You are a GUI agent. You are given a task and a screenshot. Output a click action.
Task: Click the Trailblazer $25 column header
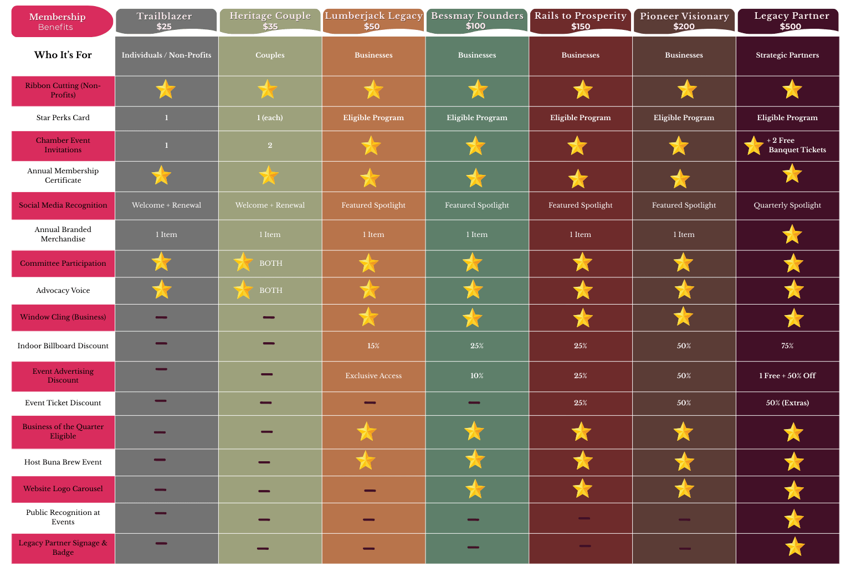164,21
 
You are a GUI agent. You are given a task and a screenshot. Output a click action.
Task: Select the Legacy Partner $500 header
791,21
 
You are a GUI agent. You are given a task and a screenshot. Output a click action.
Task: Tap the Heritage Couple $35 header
270,21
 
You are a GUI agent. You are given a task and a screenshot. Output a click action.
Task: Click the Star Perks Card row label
63,117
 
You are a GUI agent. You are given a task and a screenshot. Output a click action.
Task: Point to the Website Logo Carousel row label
63,489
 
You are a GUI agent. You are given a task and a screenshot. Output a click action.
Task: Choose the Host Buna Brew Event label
63,462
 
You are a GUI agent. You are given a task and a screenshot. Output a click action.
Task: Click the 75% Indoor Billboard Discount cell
787,346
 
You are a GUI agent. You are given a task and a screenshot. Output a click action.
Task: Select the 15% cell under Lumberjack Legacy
373,346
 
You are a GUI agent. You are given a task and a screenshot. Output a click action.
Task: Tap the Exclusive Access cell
373,375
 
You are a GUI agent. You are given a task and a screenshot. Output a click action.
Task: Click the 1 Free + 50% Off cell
787,375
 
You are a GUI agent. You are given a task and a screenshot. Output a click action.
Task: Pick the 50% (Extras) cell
787,403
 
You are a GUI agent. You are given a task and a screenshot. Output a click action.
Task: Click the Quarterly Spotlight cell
787,205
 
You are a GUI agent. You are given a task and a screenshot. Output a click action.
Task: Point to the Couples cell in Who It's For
270,55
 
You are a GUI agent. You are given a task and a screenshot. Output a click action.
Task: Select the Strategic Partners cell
787,55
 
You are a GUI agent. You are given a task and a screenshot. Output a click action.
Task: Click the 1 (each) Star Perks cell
270,117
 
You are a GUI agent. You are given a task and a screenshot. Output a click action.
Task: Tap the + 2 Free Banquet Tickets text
796,145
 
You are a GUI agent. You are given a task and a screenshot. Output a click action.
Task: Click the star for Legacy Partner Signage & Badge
794,547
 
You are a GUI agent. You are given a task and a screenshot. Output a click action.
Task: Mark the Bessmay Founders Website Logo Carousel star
475,489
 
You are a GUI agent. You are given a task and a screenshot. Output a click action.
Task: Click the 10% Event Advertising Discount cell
477,375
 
